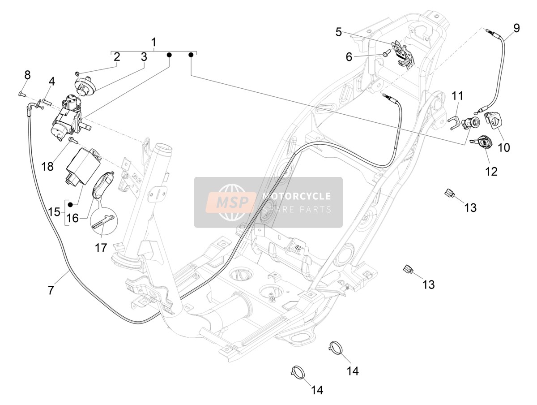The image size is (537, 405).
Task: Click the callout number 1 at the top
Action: click(x=153, y=42)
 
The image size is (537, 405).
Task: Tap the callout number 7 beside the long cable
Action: click(x=51, y=290)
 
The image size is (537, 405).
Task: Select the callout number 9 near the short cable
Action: click(x=516, y=28)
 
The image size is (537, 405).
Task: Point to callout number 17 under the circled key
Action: click(x=101, y=248)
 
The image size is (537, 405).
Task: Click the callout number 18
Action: click(x=47, y=167)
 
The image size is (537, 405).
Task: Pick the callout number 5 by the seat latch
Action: click(x=339, y=32)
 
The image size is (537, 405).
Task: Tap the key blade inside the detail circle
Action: click(x=104, y=221)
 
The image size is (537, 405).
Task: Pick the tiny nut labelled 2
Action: click(x=77, y=73)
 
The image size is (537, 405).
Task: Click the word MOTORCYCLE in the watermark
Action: click(x=296, y=196)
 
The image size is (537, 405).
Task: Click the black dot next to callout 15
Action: click(x=70, y=204)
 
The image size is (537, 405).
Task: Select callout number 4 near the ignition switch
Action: click(x=51, y=82)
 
